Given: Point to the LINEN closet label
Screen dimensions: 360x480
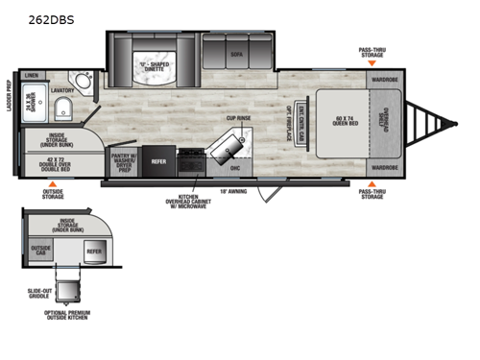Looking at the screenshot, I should (32, 75).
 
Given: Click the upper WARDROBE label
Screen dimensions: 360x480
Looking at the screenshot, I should (384, 80).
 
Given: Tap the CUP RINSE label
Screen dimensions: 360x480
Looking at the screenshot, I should (238, 118).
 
